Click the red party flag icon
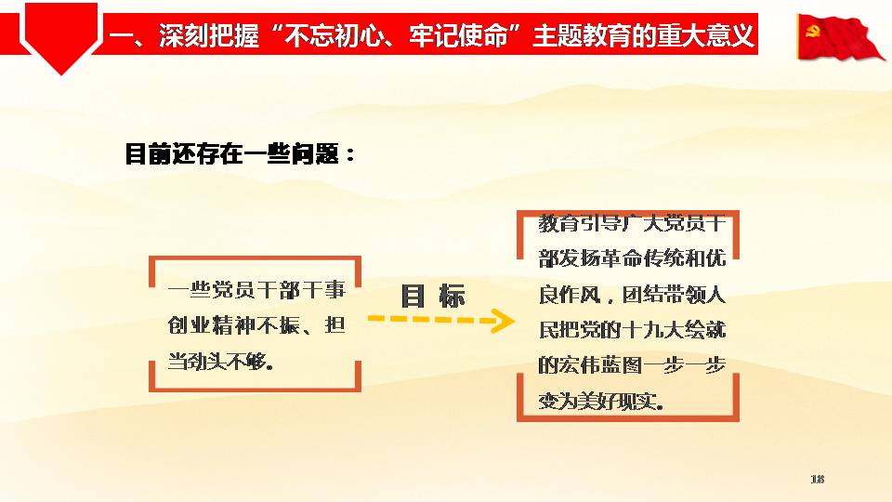tap(840, 37)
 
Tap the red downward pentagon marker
tap(61, 37)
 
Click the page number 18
tap(817, 480)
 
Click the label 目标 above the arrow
tap(434, 296)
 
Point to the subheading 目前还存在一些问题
tap(240, 153)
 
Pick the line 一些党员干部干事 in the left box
tap(256, 290)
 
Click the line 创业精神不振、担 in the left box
tap(256, 325)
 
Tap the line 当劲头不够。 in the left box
tap(221, 361)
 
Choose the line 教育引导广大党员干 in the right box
tap(633, 222)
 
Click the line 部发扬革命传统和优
tap(633, 258)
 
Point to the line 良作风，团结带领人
tap(633, 295)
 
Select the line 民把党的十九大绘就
tap(633, 329)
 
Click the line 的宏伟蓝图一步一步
tap(633, 365)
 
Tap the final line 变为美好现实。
tap(601, 402)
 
